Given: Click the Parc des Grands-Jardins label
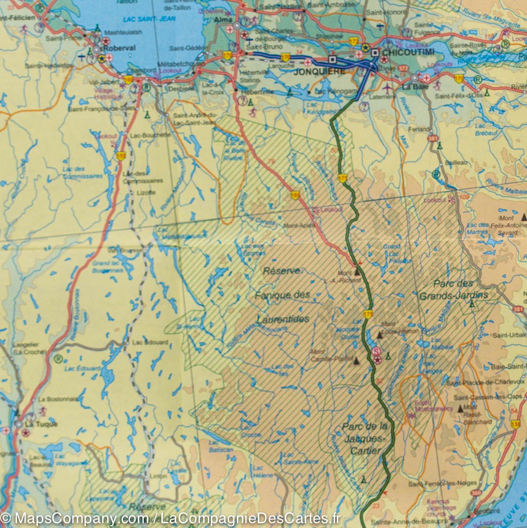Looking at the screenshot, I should pos(453,290).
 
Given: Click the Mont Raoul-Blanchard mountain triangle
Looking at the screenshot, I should pos(461,408).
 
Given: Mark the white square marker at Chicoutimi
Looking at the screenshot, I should pos(375,53).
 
